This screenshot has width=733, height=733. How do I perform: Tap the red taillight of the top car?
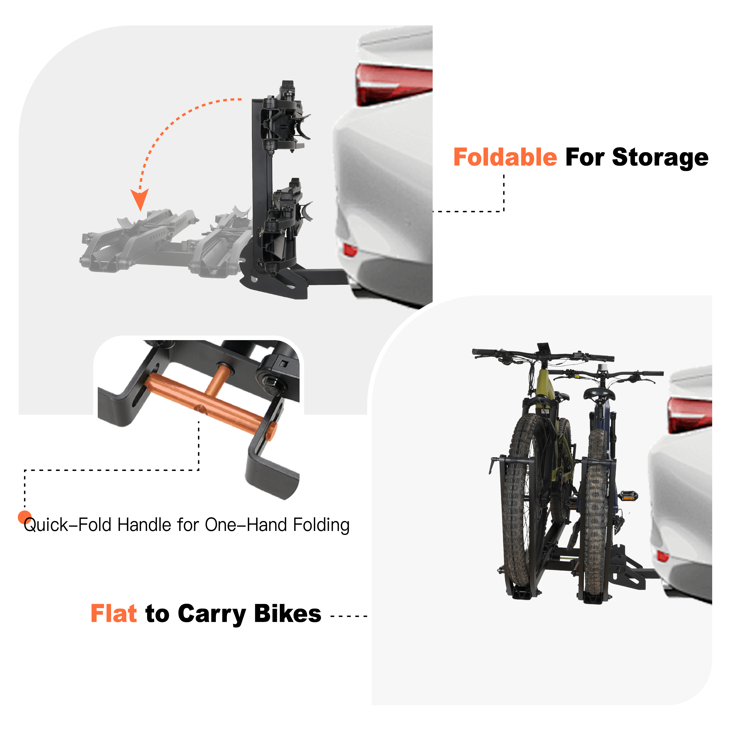[393, 84]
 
